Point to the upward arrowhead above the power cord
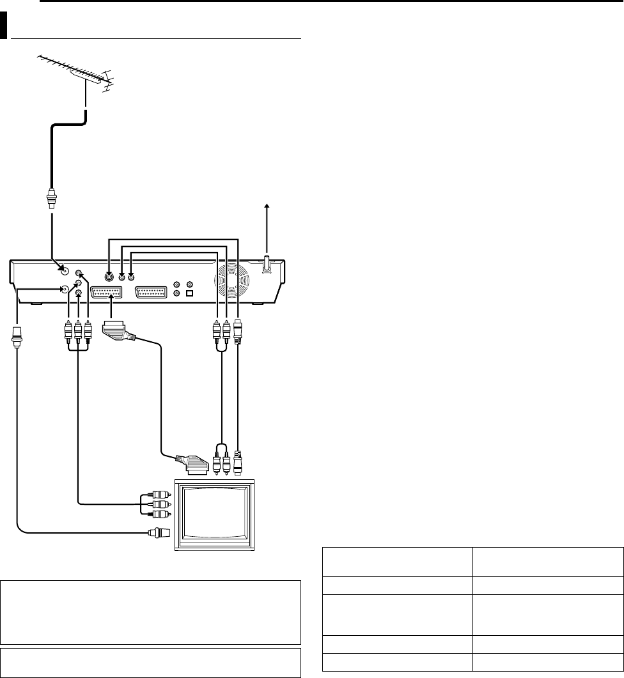coord(267,206)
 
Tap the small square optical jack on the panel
coord(189,294)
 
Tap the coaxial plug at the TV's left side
coord(155,531)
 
